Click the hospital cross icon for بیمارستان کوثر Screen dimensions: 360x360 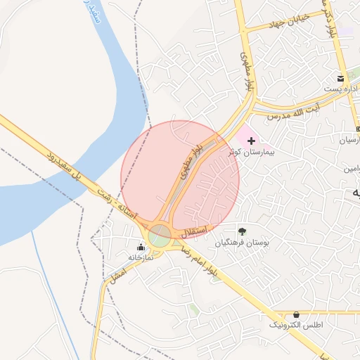coord(251,141)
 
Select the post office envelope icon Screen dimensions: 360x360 coord(341,78)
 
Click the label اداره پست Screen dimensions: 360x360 coord(341,89)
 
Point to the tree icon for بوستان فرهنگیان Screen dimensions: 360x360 coord(242,231)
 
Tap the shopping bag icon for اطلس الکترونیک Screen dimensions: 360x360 coord(295,314)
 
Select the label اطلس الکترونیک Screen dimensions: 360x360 coord(295,326)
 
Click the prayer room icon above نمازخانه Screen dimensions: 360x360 coord(141,247)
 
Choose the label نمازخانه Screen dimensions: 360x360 coord(141,258)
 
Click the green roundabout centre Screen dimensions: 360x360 coord(160,236)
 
